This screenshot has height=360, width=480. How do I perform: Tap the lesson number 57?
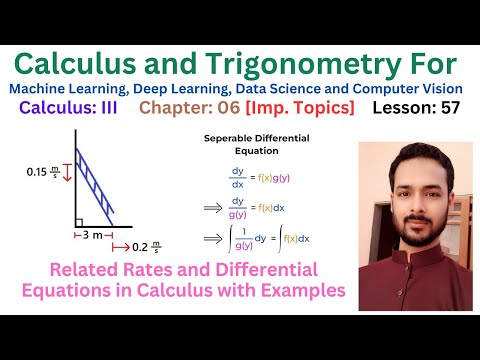[447, 108]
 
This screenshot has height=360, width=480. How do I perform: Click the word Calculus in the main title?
[88, 64]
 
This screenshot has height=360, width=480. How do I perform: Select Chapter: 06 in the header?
[181, 108]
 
